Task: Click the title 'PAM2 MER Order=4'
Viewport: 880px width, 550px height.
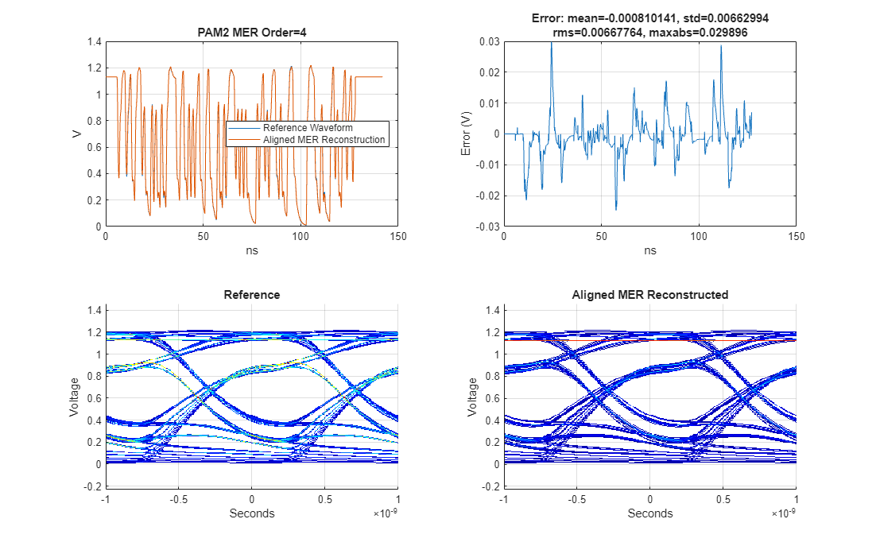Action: pos(252,33)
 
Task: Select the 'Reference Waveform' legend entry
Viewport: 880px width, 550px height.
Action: pos(308,128)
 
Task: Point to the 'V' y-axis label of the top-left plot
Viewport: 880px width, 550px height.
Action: pos(76,134)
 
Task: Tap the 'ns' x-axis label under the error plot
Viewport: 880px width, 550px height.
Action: pos(650,250)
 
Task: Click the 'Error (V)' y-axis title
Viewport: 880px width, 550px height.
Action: pos(467,134)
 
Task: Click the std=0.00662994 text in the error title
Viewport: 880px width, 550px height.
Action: pos(715,17)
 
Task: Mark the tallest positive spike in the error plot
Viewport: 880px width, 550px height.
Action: pos(551,44)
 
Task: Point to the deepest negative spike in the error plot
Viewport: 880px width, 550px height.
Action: pos(616,209)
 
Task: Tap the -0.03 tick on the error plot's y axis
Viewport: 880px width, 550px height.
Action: pos(487,227)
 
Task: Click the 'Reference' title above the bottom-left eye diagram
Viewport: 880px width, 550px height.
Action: pos(252,295)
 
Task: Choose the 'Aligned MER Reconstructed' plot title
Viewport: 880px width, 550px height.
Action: pos(650,295)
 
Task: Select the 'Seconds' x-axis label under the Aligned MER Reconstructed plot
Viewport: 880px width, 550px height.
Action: pos(650,513)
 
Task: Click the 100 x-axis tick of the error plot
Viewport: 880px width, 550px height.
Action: pos(700,237)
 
